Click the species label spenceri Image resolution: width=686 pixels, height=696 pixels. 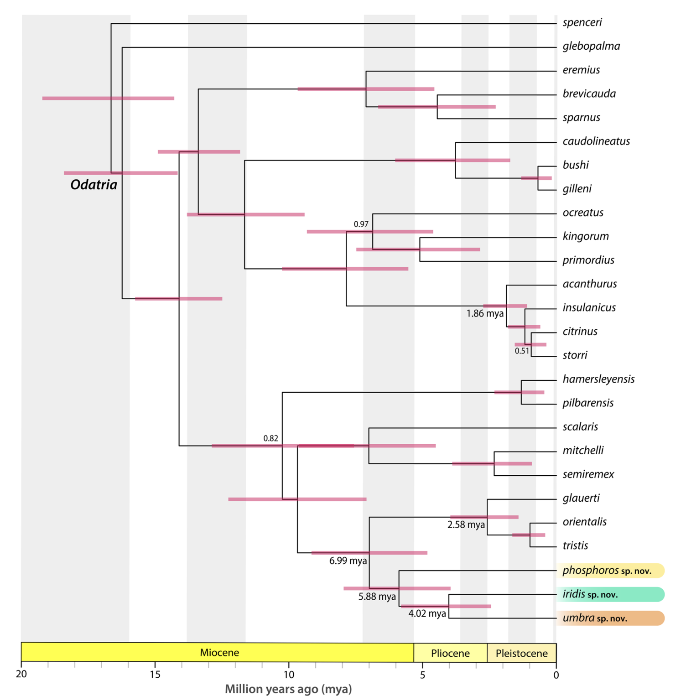(x=582, y=23)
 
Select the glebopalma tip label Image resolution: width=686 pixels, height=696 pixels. (x=591, y=47)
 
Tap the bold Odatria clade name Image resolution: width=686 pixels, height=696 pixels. (x=94, y=185)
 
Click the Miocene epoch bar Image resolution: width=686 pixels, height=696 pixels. (x=219, y=653)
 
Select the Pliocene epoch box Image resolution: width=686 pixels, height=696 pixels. (x=450, y=653)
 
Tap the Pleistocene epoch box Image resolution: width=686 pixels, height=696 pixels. (x=521, y=653)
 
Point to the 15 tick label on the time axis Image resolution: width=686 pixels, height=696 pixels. (x=155, y=675)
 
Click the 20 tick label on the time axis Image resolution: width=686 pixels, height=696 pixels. (x=21, y=675)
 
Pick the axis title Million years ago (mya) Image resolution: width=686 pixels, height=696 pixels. (x=288, y=689)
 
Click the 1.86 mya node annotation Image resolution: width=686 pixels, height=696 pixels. (x=485, y=313)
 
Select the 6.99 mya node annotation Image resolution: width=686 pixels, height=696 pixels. (x=348, y=561)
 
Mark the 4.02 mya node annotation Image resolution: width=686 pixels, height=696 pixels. (x=427, y=613)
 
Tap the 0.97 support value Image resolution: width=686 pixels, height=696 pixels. (x=361, y=224)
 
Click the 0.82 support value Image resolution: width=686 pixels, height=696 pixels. (x=270, y=438)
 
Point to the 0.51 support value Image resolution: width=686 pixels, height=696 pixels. (x=522, y=351)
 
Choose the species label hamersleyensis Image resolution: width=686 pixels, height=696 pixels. (x=598, y=379)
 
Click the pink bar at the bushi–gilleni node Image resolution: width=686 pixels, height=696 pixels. (x=536, y=178)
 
